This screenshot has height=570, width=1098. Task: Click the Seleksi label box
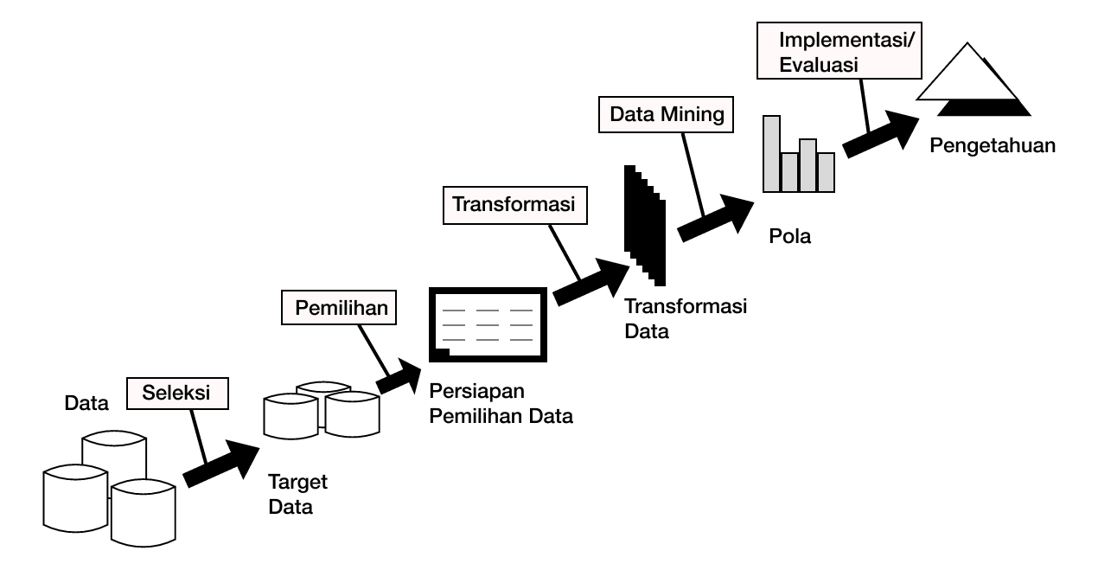tap(179, 394)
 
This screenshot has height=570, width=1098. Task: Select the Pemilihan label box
tap(339, 308)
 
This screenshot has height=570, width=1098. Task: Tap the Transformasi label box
tap(514, 205)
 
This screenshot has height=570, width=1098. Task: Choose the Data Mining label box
tap(666, 114)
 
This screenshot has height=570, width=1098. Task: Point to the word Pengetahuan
tap(993, 144)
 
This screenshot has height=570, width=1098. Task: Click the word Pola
tap(790, 235)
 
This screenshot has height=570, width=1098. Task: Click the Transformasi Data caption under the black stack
tap(686, 318)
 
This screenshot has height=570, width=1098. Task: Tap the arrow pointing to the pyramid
tap(882, 134)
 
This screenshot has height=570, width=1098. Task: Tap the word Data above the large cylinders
tap(86, 403)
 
